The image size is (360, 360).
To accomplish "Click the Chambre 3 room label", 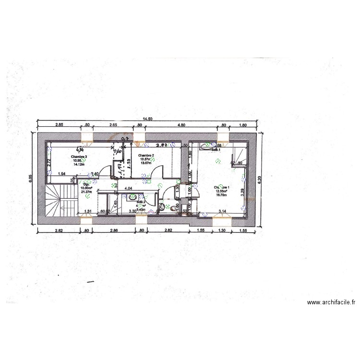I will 79,156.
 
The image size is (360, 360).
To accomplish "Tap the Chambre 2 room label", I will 145,156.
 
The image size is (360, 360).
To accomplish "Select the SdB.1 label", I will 216,150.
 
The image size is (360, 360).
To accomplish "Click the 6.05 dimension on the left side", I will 30,179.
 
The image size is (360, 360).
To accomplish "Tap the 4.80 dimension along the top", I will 181,125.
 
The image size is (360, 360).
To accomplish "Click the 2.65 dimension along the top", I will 113,125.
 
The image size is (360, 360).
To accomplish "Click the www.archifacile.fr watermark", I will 331,302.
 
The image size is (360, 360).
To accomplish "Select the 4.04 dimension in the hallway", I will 129,189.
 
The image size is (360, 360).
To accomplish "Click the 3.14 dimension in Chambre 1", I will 222,211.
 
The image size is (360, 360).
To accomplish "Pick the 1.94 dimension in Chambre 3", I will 61,173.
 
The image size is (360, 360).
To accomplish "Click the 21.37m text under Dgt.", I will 86,192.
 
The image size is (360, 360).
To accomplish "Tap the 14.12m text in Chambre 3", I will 79,164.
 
